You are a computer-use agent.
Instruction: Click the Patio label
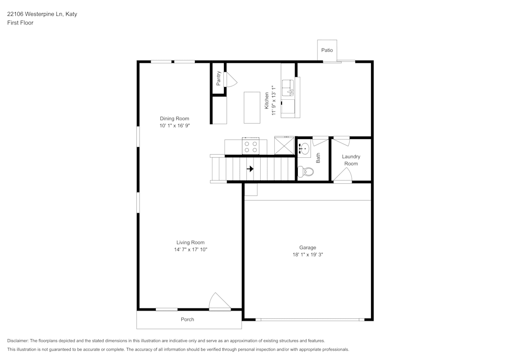click(x=327, y=50)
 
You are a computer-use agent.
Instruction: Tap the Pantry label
click(x=218, y=78)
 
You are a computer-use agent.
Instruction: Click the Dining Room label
click(x=174, y=119)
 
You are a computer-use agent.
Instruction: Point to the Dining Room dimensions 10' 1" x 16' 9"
click(x=174, y=125)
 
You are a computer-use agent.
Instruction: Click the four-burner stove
click(x=250, y=147)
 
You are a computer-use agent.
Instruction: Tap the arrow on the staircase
click(x=250, y=169)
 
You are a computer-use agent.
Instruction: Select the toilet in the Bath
click(x=306, y=172)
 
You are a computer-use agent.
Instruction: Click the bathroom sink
click(x=304, y=149)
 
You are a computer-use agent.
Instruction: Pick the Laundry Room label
click(x=351, y=160)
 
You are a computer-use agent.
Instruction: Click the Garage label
click(x=307, y=247)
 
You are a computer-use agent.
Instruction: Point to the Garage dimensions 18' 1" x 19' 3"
click(x=307, y=254)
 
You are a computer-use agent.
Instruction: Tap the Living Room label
click(x=190, y=242)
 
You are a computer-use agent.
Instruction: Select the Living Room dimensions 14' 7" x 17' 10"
click(x=190, y=250)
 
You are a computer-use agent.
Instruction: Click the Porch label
click(x=187, y=320)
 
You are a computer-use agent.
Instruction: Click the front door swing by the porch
click(x=219, y=302)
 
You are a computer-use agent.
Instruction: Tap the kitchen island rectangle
click(x=252, y=107)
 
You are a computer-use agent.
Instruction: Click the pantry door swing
click(x=229, y=79)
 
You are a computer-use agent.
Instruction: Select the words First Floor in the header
click(x=20, y=23)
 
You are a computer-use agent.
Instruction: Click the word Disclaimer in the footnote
click(x=18, y=341)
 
